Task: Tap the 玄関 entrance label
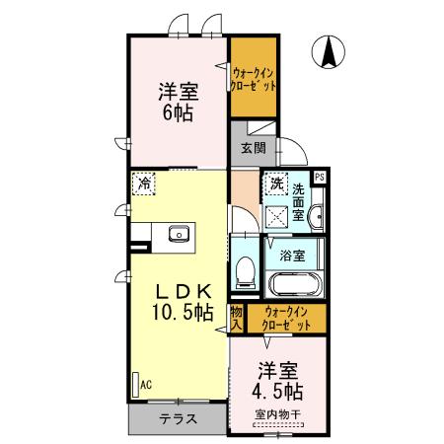pyautogui.click(x=253, y=149)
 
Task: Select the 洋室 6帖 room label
pyautogui.click(x=179, y=103)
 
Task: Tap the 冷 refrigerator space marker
pyautogui.click(x=145, y=183)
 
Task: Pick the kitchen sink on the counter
pyautogui.click(x=179, y=234)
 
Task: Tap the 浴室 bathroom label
pyautogui.click(x=291, y=255)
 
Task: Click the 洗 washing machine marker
pyautogui.click(x=278, y=185)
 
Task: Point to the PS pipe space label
pyautogui.click(x=319, y=177)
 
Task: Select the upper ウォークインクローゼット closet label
pyautogui.click(x=253, y=77)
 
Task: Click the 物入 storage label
pyautogui.click(x=237, y=317)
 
